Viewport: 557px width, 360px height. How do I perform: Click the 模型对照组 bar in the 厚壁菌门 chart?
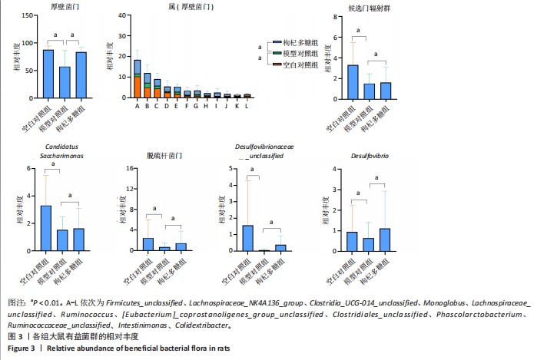coord(65,82)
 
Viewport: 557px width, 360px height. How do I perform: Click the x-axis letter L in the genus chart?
coord(247,106)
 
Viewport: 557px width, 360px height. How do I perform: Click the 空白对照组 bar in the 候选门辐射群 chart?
coord(353,81)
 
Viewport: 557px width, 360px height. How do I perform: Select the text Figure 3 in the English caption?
coord(21,348)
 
